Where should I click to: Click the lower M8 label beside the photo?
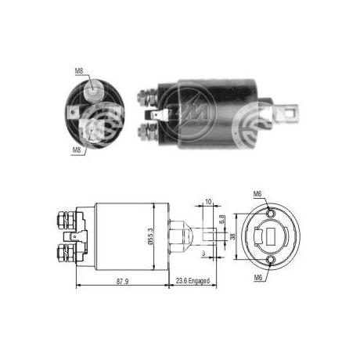[77, 149]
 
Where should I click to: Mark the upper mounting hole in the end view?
[271, 212]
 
